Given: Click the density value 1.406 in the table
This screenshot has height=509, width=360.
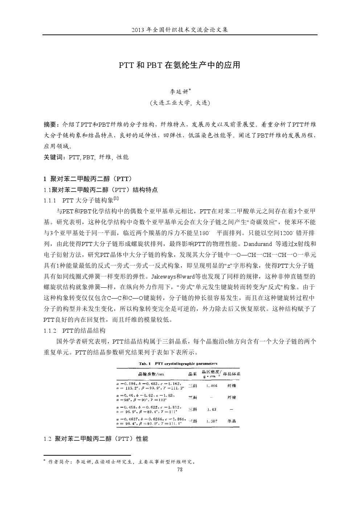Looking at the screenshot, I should click(212, 386).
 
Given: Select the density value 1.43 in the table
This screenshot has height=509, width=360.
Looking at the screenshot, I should click(212, 409).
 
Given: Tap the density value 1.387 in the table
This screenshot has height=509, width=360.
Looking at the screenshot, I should click(212, 421).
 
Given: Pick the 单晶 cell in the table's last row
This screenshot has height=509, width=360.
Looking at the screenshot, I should click(232, 421).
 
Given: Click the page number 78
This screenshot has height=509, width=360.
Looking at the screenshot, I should click(180, 470).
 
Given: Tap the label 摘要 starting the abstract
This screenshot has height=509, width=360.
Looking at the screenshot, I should click(50, 124).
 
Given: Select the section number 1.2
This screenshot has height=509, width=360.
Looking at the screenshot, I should click(47, 439).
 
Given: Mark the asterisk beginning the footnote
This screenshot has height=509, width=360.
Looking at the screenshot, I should click(44, 461).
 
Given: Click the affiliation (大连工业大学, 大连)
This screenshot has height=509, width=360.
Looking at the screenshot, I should click(180, 103).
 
